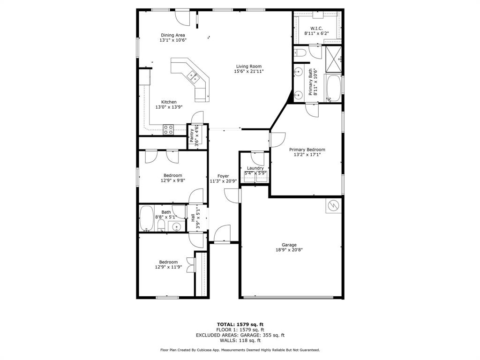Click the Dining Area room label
[173, 35]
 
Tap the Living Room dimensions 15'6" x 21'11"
[248, 72]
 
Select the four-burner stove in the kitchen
[168, 129]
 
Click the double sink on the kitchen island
[192, 75]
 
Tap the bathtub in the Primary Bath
[333, 88]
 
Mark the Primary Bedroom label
[307, 150]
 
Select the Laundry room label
[255, 168]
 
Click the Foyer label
[223, 176]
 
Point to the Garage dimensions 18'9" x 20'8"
[289, 250]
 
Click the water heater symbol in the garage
[334, 205]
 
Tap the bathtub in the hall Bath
[147, 219]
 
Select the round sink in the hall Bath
[176, 227]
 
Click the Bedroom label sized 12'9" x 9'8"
[172, 175]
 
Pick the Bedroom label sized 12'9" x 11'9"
[168, 262]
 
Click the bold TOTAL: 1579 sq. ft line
[240, 324]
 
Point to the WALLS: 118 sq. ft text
[240, 340]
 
